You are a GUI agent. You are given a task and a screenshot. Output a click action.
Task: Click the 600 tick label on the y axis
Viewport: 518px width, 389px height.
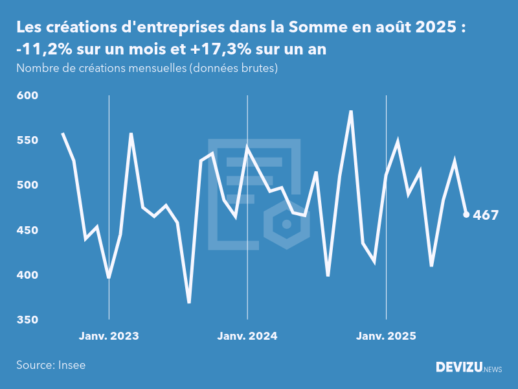tap(28, 96)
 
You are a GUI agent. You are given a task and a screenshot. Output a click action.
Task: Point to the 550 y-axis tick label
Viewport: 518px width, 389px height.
tap(28, 141)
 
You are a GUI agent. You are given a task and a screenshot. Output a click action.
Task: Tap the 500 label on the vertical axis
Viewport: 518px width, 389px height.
tap(28, 185)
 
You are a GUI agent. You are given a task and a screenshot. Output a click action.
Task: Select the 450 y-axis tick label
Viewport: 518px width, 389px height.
tap(28, 231)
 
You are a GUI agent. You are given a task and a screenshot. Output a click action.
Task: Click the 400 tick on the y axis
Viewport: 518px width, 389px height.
tap(28, 276)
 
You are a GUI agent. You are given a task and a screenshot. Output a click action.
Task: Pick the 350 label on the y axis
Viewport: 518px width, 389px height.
tap(28, 320)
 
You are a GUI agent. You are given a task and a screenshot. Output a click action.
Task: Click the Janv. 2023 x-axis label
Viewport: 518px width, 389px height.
tap(109, 336)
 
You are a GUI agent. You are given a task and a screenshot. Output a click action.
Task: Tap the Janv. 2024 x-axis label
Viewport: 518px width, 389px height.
tap(247, 336)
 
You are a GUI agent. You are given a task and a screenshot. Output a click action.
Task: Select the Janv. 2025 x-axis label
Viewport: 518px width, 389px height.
tap(386, 336)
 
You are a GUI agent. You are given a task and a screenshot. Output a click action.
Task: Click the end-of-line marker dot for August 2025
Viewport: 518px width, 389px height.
tap(466, 215)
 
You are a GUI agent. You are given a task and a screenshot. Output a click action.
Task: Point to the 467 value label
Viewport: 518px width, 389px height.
tap(486, 215)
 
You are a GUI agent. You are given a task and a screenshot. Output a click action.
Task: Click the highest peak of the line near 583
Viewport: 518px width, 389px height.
tap(351, 112)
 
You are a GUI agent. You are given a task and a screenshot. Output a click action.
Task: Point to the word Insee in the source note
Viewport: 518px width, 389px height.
tap(71, 365)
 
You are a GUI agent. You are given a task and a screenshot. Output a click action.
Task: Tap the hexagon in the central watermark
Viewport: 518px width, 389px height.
tap(286, 224)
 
